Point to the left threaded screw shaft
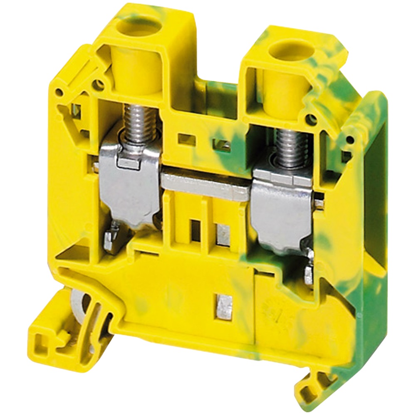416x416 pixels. pyautogui.click(x=136, y=121)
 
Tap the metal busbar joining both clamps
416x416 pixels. pyautogui.click(x=206, y=185)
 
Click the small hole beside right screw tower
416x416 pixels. pyautogui.click(x=310, y=120)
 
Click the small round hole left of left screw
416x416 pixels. pyautogui.click(x=99, y=85)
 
